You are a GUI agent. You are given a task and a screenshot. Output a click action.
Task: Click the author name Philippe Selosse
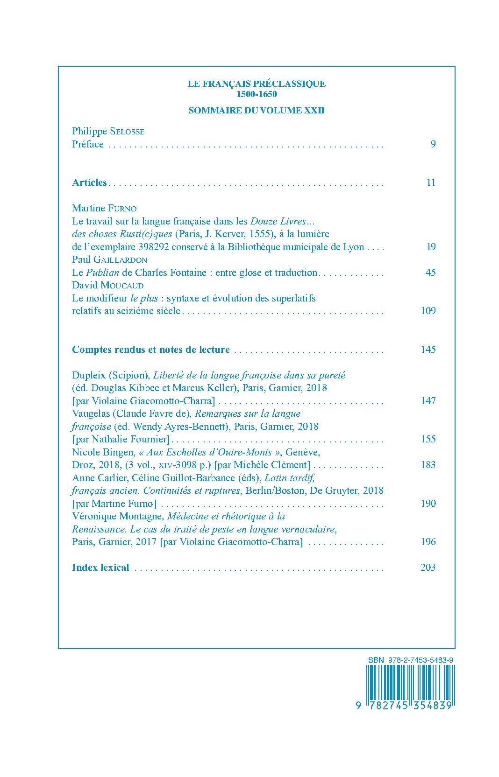tap(108, 131)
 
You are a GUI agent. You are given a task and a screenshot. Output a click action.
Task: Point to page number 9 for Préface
tap(433, 144)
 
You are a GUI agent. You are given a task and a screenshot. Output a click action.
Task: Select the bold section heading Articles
tap(89, 182)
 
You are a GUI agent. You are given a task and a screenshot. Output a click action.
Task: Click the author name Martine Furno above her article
tap(104, 208)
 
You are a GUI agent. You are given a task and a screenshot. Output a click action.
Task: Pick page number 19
tap(431, 247)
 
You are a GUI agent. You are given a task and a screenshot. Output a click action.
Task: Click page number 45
tap(430, 273)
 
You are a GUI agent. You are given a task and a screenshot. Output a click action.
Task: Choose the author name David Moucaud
tap(107, 285)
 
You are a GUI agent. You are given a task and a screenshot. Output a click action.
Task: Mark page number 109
tap(428, 311)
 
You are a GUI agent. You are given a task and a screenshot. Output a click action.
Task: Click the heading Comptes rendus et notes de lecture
tap(151, 350)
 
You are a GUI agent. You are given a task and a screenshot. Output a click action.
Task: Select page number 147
tap(428, 400)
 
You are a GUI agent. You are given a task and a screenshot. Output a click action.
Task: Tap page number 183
tap(428, 465)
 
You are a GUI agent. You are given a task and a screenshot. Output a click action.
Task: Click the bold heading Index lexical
tap(100, 567)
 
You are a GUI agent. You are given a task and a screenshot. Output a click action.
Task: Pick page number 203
tap(428, 567)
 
